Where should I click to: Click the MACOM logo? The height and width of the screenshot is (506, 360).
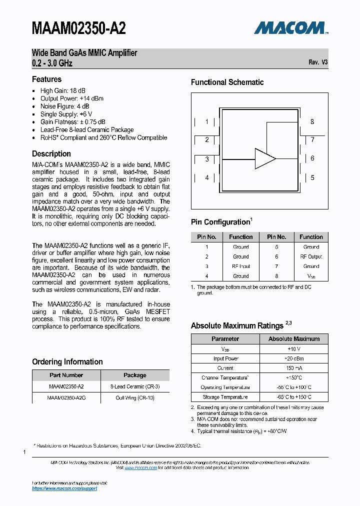(x=290, y=28)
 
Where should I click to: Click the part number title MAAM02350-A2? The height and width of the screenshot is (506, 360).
(x=78, y=28)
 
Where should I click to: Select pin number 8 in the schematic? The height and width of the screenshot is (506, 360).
(x=312, y=121)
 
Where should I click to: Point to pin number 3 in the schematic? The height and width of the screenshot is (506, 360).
(x=207, y=159)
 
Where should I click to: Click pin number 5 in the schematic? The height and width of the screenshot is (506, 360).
(x=312, y=177)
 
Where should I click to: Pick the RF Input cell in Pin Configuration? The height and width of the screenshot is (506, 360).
(x=241, y=266)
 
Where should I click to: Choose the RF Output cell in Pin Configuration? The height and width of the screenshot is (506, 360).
(x=311, y=256)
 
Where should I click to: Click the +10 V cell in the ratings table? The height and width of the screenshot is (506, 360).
(x=293, y=349)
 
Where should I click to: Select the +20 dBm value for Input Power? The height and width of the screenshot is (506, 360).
(x=293, y=358)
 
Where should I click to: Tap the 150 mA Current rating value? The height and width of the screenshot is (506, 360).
(x=293, y=368)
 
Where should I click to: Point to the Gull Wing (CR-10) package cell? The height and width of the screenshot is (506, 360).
(x=135, y=398)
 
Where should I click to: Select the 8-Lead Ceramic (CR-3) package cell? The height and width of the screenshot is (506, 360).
(x=135, y=387)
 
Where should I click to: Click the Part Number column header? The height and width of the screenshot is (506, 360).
(x=66, y=375)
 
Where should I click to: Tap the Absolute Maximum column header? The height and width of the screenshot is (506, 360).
(x=293, y=339)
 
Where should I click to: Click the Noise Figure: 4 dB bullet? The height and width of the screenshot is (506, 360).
(x=65, y=106)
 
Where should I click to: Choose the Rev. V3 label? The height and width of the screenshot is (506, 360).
(x=318, y=62)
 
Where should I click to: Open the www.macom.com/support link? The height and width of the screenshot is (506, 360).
(x=64, y=488)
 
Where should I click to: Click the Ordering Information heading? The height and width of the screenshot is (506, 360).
(x=67, y=362)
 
